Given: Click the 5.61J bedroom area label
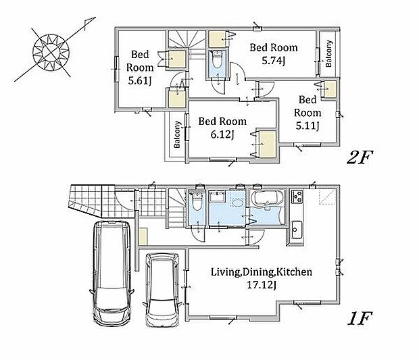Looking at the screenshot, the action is coord(139,80).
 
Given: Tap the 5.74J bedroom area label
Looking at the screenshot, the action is coord(274,61).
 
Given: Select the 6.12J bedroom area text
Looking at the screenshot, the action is coord(222,134).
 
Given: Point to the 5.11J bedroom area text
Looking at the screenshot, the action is coord(307,126).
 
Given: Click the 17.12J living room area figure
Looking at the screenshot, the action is coord(262,285).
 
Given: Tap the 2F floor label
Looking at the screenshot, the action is coord(360,157).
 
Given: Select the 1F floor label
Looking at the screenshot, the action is coord(360,318).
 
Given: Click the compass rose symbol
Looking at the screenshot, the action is coord(51,52).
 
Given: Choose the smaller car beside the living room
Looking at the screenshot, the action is coord(163,290).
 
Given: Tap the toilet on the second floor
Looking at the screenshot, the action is coord(217,59).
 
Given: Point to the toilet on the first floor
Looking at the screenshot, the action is coord(197,201).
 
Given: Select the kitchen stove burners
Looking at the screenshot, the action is coord(297,197).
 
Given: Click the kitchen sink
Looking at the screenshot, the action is coord(297,230).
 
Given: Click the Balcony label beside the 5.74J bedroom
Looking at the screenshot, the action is coord(328,53).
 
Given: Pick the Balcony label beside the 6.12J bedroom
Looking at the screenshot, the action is coord(177,134).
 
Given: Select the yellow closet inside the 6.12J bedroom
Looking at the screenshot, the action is coord(268,145).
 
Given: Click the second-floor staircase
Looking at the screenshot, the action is coord(187,43).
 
